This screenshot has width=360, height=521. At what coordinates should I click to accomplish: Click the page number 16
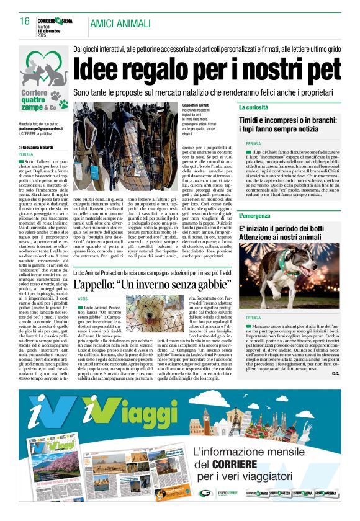click(25, 22)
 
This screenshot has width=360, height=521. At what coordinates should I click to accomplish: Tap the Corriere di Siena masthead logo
click(58, 21)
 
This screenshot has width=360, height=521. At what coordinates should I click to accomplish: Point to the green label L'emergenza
click(256, 216)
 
